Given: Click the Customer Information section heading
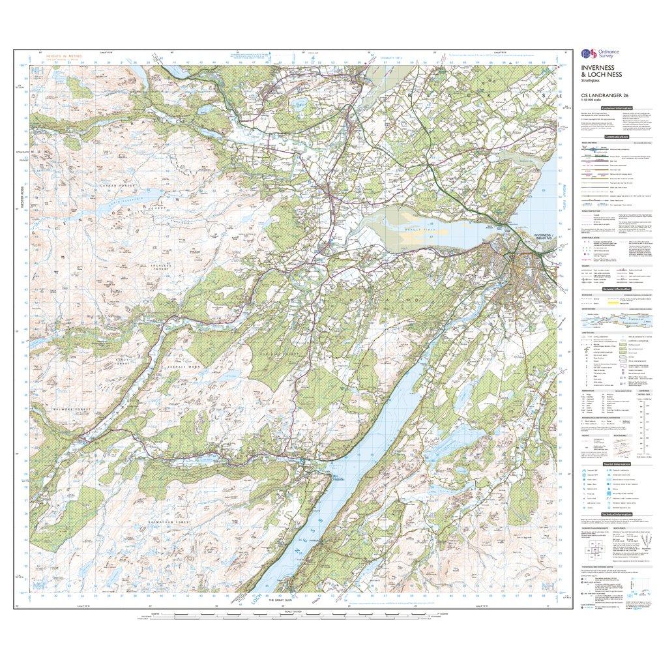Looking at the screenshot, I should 616,108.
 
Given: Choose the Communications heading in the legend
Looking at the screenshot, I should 616,137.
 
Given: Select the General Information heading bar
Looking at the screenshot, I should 616,288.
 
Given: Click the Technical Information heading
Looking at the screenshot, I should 616,515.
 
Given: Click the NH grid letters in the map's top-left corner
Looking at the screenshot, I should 38,70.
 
